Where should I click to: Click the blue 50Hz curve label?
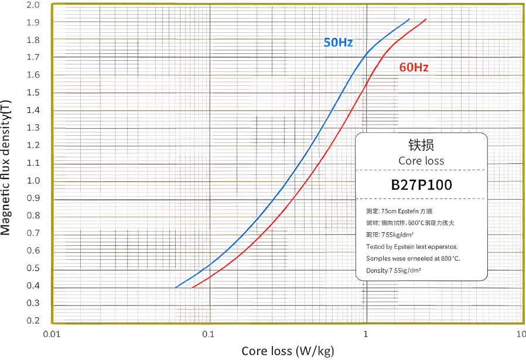338,42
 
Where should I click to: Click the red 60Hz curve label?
414,67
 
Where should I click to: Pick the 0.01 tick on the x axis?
53,334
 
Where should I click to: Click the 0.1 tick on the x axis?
209,334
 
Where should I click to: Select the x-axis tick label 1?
366,334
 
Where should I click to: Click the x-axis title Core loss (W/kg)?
288,351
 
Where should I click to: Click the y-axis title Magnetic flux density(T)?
6,167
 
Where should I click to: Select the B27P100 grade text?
421,185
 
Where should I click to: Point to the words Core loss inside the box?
421,161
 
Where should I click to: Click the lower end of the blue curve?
176,287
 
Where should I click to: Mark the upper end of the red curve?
426,19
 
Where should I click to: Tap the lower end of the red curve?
193,287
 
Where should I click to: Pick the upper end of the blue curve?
409,19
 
